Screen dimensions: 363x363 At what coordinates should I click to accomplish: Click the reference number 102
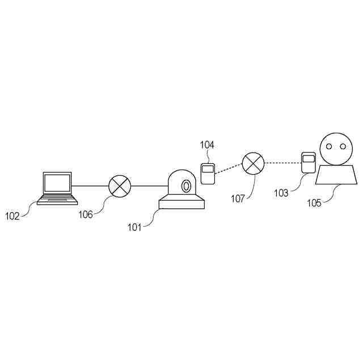12,216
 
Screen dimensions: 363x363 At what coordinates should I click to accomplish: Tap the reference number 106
86,213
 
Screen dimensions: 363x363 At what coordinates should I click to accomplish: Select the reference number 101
134,228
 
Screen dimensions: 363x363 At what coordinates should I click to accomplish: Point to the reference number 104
207,145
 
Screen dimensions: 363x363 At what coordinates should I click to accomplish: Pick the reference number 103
281,193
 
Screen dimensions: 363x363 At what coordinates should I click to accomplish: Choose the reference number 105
314,202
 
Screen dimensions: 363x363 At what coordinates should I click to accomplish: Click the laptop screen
57,183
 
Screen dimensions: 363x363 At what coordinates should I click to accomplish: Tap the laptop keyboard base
57,199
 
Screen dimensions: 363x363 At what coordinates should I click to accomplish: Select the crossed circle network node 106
120,185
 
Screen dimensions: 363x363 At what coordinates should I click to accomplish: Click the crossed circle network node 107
254,164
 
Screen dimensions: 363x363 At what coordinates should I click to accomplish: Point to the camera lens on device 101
185,185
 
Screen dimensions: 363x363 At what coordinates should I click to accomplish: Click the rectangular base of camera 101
181,202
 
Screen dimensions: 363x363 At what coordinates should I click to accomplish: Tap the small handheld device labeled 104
208,172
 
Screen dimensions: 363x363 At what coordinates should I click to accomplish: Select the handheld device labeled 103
308,163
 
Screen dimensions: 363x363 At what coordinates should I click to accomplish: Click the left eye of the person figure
328,147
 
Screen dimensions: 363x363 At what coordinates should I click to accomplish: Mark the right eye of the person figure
343,147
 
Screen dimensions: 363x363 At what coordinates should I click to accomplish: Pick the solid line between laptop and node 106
91,185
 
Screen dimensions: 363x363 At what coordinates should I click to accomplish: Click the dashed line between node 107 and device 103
282,163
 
